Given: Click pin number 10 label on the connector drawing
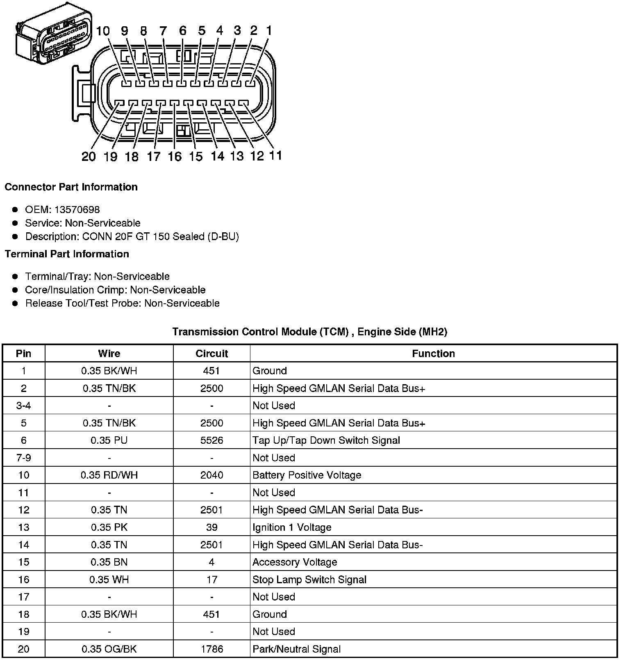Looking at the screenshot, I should [103, 31].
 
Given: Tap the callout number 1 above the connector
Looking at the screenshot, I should [269, 30].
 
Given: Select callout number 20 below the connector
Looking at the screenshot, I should [89, 156].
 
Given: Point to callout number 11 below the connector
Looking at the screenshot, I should [275, 156].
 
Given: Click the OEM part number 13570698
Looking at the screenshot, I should [77, 210].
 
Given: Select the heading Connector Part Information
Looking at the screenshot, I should [71, 187].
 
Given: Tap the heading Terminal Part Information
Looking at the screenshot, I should [67, 254].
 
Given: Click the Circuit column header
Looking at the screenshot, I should [211, 354].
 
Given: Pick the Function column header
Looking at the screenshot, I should [433, 354].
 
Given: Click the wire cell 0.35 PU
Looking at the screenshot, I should [109, 440].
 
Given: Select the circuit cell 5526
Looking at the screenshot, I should [211, 440].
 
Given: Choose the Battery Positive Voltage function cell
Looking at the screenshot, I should [307, 475].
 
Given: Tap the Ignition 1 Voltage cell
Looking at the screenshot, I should [292, 527].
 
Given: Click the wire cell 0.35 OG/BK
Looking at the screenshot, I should [109, 649].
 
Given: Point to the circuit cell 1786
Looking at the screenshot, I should [211, 649].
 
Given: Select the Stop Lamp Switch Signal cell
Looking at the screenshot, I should [309, 580].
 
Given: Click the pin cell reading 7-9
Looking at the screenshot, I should [23, 458].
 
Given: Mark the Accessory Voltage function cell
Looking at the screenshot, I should [295, 562].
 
